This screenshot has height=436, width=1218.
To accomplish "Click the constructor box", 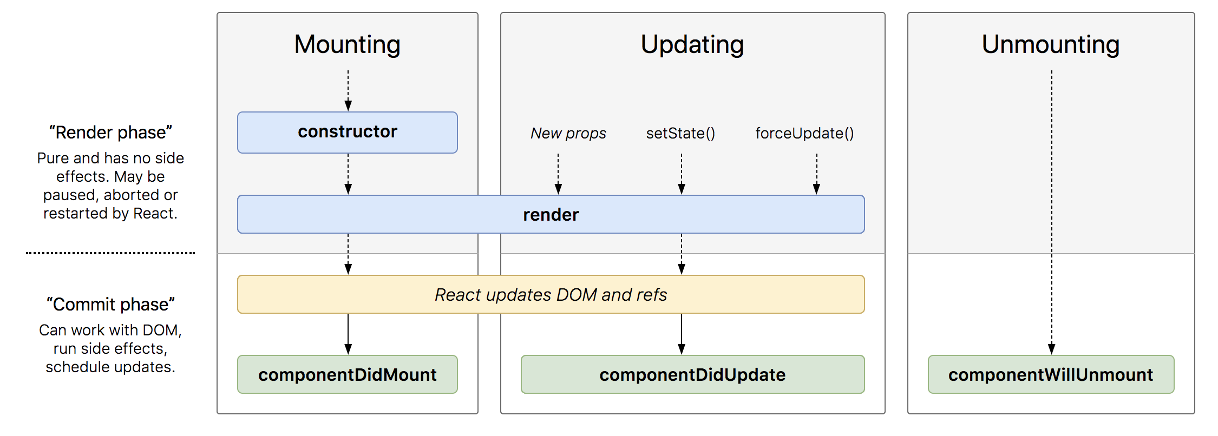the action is [348, 133].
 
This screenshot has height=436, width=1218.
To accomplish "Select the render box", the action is [551, 214].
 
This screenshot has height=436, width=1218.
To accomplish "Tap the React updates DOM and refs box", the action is [551, 294].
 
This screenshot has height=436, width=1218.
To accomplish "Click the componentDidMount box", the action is [348, 374].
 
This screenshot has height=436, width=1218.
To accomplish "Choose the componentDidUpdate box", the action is [693, 374].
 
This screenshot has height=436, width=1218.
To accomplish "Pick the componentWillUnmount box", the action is [1051, 374].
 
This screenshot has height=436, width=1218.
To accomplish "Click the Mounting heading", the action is [348, 44].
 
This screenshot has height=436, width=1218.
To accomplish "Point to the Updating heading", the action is [692, 44].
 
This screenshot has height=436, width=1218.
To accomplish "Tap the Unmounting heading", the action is [1051, 44].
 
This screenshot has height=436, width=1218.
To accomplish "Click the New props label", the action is [568, 133].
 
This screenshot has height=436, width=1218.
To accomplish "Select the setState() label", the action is [681, 133].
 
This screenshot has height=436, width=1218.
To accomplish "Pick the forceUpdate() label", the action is [805, 133].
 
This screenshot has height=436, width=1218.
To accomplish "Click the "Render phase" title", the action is [110, 133].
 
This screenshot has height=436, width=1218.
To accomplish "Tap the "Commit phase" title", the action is [110, 305].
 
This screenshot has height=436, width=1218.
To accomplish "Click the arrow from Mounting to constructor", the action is [348, 90].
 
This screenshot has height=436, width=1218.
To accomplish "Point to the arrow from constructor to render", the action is [348, 174].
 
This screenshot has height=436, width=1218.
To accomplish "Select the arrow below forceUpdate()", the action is [817, 174].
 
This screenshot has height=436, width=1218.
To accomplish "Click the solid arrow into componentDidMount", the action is [348, 334].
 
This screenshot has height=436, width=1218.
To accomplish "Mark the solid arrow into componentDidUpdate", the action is [682, 334].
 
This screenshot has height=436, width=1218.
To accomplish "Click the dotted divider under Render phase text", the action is [110, 253].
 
